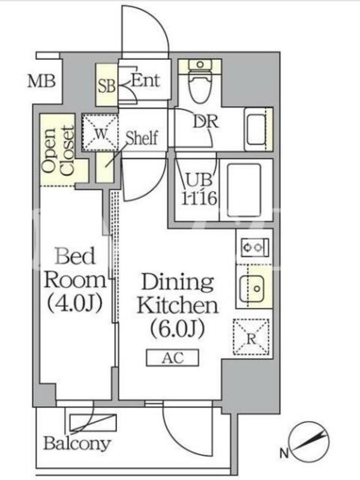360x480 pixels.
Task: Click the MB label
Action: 41,82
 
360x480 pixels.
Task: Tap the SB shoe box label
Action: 107,86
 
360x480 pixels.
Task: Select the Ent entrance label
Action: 146,81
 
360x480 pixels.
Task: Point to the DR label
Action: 206,122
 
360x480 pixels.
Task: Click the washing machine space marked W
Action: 100,132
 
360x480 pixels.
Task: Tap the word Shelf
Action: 142,138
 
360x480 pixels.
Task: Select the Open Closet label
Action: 58,151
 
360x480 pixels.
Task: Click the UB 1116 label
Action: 199,190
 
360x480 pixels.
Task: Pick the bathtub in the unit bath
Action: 244,190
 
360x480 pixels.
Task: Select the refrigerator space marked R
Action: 251,337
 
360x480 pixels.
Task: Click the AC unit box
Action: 173,358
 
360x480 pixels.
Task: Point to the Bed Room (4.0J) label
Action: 74,280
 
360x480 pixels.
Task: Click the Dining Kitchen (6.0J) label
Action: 178,305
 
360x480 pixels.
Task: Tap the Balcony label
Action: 77,443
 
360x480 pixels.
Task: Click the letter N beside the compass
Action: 284,453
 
